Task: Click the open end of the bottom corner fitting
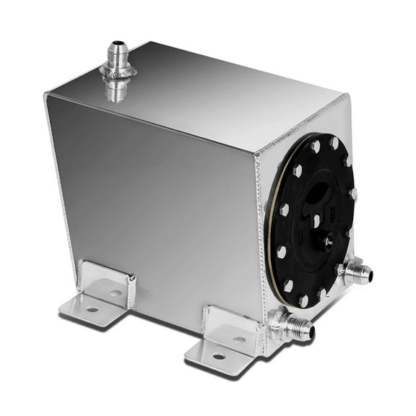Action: (311, 334)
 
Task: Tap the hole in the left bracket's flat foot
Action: (92, 309)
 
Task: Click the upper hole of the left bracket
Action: (116, 292)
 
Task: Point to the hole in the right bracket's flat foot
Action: (218, 355)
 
